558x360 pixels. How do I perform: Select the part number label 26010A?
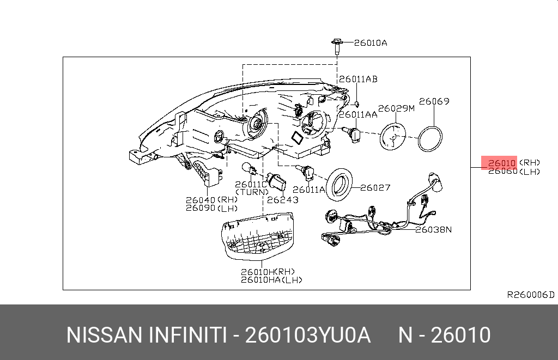tap(370, 43)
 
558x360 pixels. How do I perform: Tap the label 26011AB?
tap(357, 79)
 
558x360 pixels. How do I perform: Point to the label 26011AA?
tap(357, 115)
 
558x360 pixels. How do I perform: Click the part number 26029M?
tap(396, 108)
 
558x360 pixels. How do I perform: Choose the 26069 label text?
tap(434, 101)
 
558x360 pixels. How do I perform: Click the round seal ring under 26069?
tap(429, 138)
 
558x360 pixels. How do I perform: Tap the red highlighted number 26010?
tap(501, 163)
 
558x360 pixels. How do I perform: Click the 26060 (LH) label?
tap(513, 172)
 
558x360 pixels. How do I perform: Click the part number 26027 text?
tap(375, 188)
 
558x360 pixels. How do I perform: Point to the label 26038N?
tap(433, 229)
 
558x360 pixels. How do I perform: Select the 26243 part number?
tap(283, 200)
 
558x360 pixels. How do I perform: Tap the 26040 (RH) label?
tap(211, 200)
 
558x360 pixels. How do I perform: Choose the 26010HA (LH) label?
tap(271, 280)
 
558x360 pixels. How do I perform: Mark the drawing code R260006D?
tap(530, 295)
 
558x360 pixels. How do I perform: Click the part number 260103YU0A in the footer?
tap(308, 335)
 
